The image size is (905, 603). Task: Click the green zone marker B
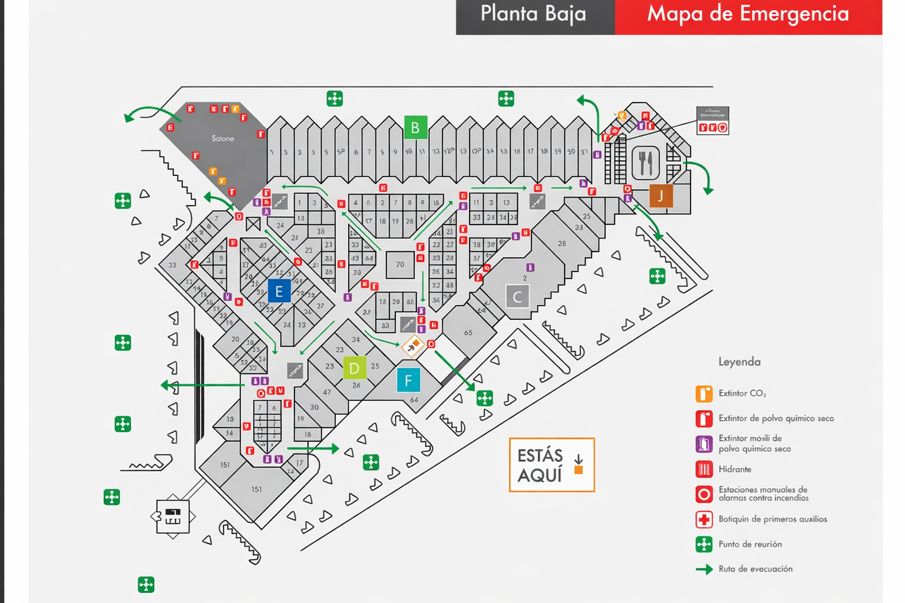(415, 128)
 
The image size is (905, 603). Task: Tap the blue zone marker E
(279, 291)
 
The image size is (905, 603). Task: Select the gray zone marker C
(517, 297)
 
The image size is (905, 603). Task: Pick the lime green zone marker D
(354, 369)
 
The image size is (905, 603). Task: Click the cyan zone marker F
(408, 380)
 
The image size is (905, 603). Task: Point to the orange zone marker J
(661, 196)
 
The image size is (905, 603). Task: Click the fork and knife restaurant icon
(646, 163)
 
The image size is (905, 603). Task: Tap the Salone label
(223, 138)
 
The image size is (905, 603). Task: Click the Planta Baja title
(533, 14)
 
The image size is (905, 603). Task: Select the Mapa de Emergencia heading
(748, 14)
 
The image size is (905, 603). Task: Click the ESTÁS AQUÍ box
(551, 465)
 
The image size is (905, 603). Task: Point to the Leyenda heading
(739, 362)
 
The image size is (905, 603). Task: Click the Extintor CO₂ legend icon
(703, 393)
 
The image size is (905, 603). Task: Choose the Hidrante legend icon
(703, 469)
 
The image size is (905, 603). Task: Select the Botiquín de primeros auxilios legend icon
(703, 519)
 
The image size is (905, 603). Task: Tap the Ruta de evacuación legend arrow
(704, 569)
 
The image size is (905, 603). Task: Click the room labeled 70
(400, 264)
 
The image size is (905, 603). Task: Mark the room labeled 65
(468, 333)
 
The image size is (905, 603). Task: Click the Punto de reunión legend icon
(703, 544)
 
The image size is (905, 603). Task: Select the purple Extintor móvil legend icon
(703, 443)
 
